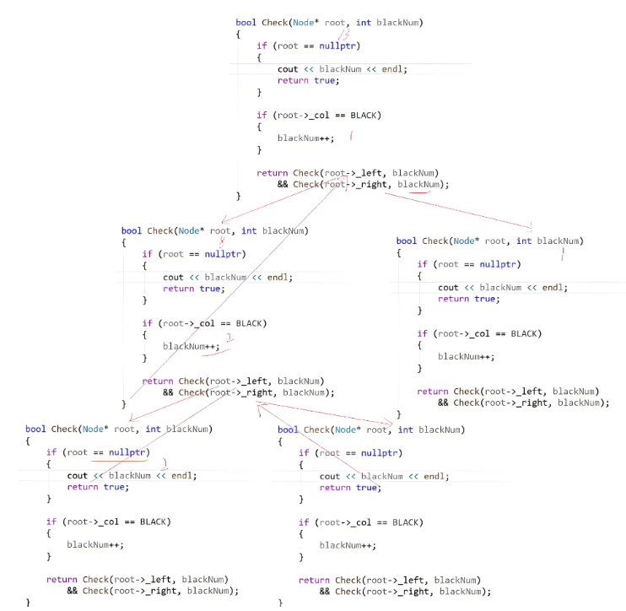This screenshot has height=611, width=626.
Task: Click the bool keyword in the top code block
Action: [x=246, y=23]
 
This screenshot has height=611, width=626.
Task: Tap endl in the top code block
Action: [x=392, y=69]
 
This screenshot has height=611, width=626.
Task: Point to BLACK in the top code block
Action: [x=365, y=115]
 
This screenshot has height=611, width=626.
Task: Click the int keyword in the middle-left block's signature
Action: [x=249, y=230]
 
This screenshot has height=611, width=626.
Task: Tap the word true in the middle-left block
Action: [x=211, y=289]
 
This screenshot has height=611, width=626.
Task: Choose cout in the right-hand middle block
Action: [x=448, y=287]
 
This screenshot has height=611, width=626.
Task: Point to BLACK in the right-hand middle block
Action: [x=526, y=333]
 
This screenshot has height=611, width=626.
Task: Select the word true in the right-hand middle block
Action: [x=485, y=299]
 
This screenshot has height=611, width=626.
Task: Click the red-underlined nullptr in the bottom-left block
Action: [x=129, y=452]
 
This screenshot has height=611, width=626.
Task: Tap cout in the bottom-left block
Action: [x=78, y=475]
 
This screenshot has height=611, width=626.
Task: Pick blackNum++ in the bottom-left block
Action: [x=95, y=544]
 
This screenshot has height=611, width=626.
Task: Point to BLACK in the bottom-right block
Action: [x=407, y=522]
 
